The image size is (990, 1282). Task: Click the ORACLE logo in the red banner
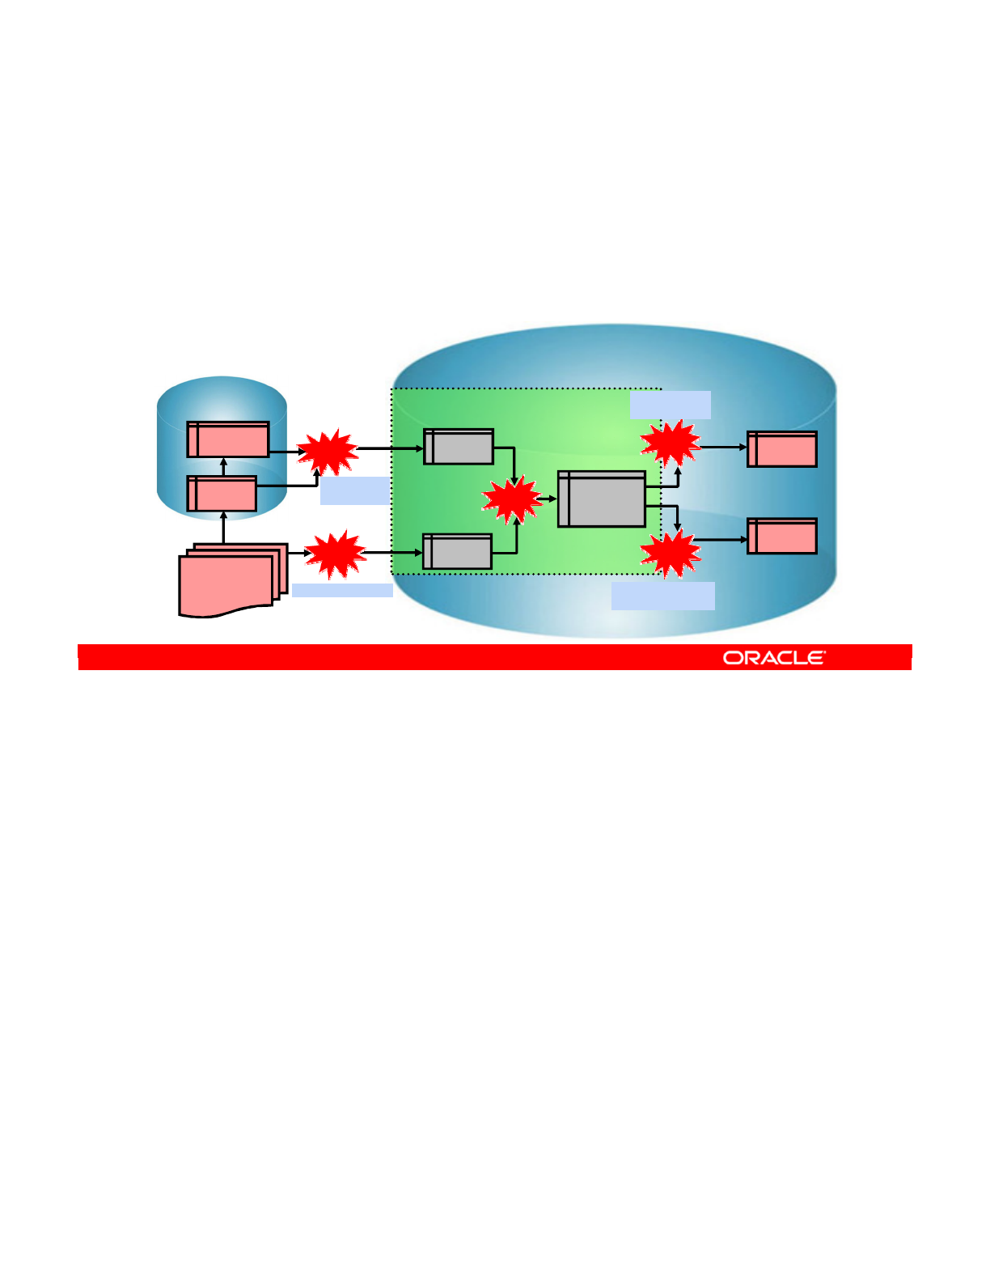(774, 657)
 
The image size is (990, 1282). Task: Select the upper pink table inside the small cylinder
(228, 439)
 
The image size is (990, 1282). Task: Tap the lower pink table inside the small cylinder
(222, 494)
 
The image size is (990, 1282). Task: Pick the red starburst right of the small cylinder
(328, 452)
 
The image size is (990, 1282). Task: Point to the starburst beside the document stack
(335, 554)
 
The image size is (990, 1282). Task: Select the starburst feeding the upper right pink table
(670, 443)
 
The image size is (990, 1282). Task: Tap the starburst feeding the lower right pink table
(670, 553)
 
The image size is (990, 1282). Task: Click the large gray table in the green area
(602, 499)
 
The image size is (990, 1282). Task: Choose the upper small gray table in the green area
(459, 447)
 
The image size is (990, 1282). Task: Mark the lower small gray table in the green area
(457, 552)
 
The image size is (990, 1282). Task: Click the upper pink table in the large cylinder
(781, 449)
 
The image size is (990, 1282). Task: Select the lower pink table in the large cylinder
(781, 536)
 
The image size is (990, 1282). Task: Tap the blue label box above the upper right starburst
(671, 405)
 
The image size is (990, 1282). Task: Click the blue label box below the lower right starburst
(663, 596)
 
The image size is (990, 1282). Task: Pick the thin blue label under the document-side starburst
(342, 590)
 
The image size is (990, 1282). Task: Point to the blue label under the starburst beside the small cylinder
(354, 490)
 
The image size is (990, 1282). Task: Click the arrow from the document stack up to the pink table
(223, 527)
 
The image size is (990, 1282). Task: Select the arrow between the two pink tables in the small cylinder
(224, 467)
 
